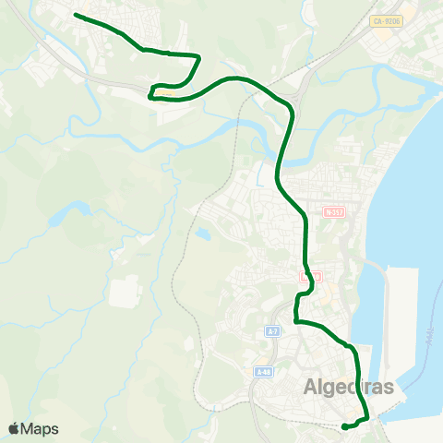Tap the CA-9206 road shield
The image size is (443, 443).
[x=388, y=20]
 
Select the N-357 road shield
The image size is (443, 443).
[x=334, y=211]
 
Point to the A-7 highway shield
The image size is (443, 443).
[x=272, y=330]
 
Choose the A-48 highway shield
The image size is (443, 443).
[x=264, y=372]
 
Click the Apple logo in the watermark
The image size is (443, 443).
[x=13, y=429]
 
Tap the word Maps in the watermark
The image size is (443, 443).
[x=40, y=429]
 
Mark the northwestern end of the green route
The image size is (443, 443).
[x=75, y=16]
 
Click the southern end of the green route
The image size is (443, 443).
[x=343, y=426]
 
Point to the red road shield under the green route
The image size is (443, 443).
[x=308, y=276]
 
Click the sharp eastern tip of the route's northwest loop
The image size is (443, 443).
[x=200, y=56]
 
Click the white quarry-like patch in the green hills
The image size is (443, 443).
[x=124, y=292]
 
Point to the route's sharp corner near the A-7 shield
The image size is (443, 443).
[x=295, y=320]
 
